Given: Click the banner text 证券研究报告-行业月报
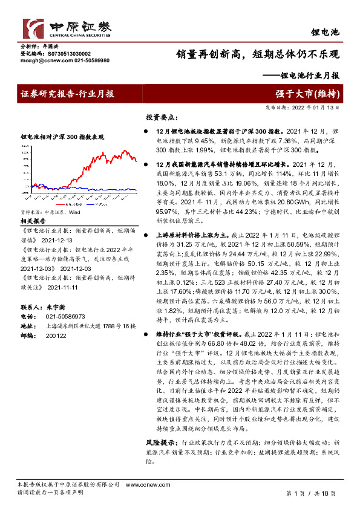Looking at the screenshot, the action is pyautogui.click(x=68, y=94).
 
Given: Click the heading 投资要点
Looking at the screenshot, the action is pyautogui.click(x=162, y=117).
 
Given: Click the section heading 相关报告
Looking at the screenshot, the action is pyautogui.click(x=34, y=205).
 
